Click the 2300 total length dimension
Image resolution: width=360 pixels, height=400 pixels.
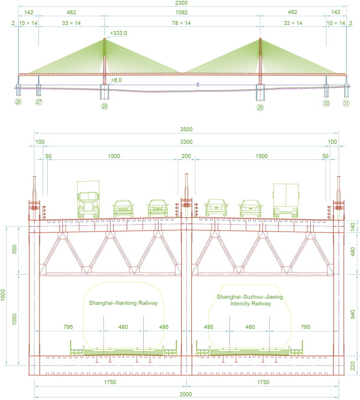point(181,3)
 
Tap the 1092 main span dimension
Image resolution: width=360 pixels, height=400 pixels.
point(181,12)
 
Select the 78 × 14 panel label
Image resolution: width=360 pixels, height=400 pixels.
point(181,23)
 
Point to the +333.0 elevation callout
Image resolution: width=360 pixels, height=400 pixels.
point(118,33)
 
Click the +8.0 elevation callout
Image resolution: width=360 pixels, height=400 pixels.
point(116,80)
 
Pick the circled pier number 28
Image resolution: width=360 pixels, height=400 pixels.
point(105,106)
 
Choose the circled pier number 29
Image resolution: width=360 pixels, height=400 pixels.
point(260,108)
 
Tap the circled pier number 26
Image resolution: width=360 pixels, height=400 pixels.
point(18,102)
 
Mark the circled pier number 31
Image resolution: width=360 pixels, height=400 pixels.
point(346,103)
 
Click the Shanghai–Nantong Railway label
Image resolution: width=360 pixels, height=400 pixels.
point(123,303)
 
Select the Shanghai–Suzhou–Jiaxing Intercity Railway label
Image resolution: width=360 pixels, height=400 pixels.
point(250,300)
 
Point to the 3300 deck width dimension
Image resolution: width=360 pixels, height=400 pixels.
point(186,142)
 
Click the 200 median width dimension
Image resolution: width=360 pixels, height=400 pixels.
point(186,156)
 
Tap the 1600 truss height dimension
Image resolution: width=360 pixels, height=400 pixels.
point(3,295)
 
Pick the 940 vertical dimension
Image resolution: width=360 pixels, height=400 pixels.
point(352,314)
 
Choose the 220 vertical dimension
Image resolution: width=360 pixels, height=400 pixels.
point(352,366)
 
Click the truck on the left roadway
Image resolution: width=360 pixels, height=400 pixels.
point(88,199)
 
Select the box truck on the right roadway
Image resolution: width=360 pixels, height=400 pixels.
point(286,201)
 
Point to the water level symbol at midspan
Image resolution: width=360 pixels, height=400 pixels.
point(198,84)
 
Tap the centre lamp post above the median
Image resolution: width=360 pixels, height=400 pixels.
point(186,195)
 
